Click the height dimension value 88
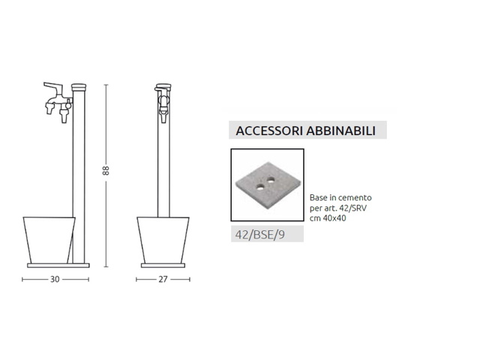tap(106, 170)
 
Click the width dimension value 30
tap(55, 279)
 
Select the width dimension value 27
tap(163, 279)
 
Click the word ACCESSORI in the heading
tap(269, 130)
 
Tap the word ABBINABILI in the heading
tap(341, 130)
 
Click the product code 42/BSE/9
tap(260, 235)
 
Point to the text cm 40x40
tap(328, 218)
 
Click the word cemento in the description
tap(357, 197)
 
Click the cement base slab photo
tap(267, 185)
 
